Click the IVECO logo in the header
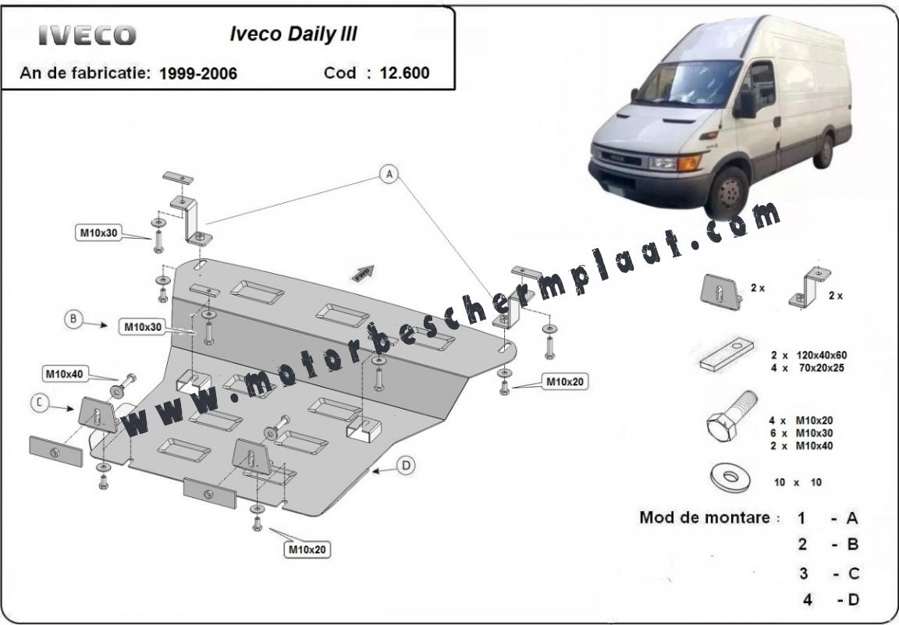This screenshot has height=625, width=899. pos(87,36)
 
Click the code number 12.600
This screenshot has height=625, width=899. pos(404,73)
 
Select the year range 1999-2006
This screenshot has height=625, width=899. pos(197,73)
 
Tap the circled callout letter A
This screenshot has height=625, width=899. pos(389,174)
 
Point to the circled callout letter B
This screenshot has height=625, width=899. pos(73,319)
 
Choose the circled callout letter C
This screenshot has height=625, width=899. pos(40,403)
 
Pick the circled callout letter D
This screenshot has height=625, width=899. pos(406,466)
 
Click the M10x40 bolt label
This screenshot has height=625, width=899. pos(65,375)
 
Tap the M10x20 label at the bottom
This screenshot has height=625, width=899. pos(307,550)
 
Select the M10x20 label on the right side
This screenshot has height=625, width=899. pos(565,382)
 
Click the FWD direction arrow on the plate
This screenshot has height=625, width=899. pos(363,274)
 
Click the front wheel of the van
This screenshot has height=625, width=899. pos(727,194)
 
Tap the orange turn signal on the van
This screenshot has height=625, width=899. pos(689,162)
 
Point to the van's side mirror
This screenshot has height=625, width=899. pos(746,105)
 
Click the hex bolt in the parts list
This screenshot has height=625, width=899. pos(731,416)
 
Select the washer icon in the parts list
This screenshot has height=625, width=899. pos(730,477)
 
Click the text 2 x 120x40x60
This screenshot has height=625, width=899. pos(808,356)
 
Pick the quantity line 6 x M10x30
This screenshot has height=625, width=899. pos(801,434)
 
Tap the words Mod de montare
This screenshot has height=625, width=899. pos(705,517)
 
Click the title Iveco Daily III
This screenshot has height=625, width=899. pos(293,34)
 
